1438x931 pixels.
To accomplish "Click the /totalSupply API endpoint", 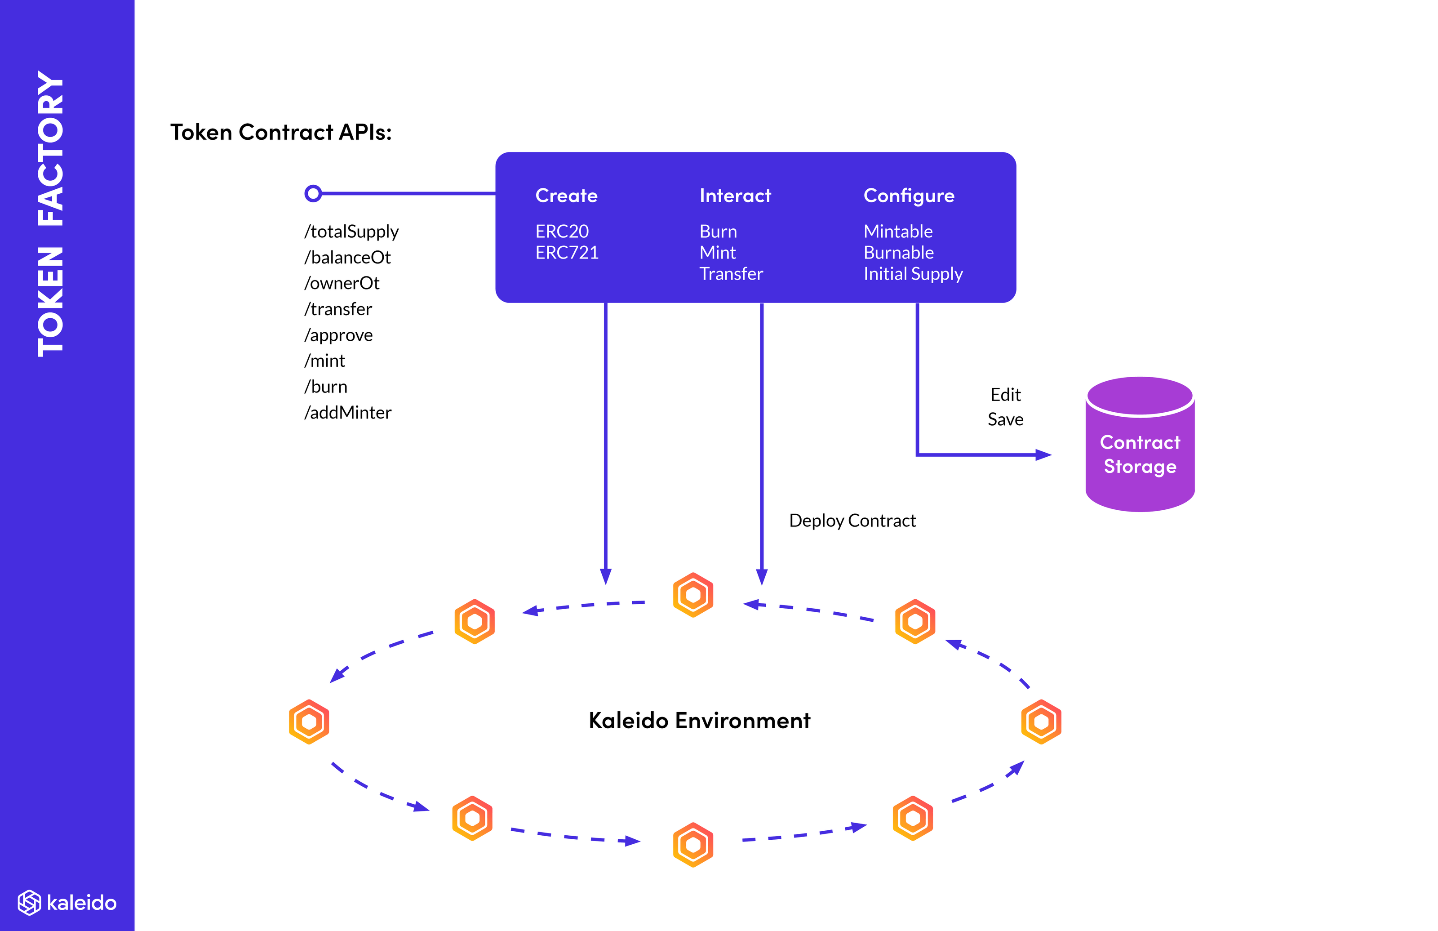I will pos(352,232).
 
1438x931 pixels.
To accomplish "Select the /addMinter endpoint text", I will pos(348,413).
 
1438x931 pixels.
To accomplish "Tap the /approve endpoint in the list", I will pos(338,335).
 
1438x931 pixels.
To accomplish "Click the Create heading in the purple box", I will pos(566,196).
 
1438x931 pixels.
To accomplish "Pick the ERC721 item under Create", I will pos(567,253).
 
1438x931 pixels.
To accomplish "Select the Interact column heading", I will pos(735,196).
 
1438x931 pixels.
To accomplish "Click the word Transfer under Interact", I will pos(731,274).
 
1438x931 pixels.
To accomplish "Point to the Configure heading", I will pos(909,196).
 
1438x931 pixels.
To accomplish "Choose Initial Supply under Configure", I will pos(913,274).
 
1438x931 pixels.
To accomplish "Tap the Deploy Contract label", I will pos(852,521).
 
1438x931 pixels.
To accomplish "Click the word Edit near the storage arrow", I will pos(1005,395).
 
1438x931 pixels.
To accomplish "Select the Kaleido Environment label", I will pos(699,721).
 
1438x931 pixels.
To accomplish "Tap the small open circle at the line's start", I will pos(313,193).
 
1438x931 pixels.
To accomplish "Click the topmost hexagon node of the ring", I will pos(693,595).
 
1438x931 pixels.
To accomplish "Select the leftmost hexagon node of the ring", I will pos(309,722).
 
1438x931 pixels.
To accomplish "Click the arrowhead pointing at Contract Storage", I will pos(1043,454).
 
